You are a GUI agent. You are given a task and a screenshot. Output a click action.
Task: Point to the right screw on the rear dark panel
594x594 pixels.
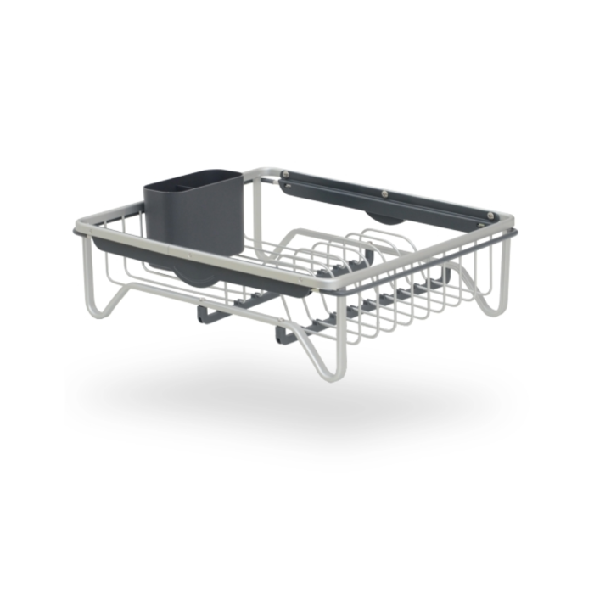pyautogui.click(x=491, y=216)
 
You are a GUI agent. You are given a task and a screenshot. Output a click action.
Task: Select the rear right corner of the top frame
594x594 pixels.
pyautogui.click(x=501, y=225)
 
